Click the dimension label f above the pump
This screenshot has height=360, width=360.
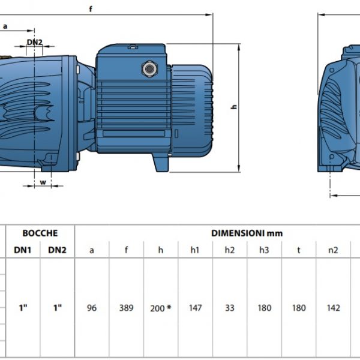(x=91, y=9)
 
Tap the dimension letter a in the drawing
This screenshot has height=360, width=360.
(x=5, y=26)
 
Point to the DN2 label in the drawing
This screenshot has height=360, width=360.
(x=35, y=42)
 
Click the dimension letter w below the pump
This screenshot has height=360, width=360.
(x=43, y=182)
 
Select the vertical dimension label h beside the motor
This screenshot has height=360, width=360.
(x=235, y=107)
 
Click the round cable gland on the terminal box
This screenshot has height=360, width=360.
(x=149, y=68)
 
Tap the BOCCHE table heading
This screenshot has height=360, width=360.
(x=40, y=233)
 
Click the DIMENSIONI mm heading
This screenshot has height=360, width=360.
(x=247, y=233)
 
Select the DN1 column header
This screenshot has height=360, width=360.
(x=23, y=250)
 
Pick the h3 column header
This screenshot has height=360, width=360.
(x=264, y=250)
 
